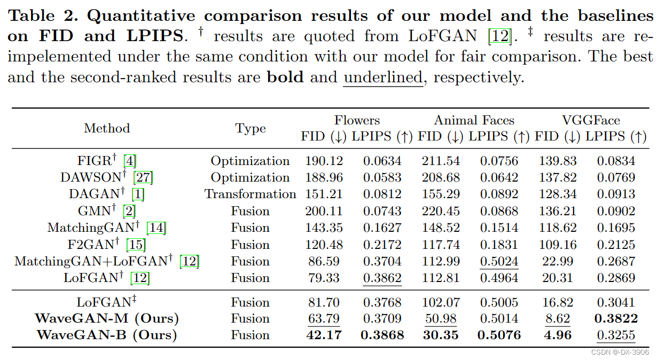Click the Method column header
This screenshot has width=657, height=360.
107,128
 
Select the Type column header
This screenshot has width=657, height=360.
251,128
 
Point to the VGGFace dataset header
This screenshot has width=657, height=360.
590,120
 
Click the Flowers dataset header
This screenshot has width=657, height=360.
357,120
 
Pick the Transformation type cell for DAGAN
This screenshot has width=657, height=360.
250,194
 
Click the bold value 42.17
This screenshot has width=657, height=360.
324,335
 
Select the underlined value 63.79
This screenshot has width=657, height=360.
324,319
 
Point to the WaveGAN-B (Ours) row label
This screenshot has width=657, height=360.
107,335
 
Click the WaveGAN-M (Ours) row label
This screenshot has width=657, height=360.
107,319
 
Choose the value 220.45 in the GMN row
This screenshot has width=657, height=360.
441,211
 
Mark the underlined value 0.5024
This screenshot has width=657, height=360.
499,261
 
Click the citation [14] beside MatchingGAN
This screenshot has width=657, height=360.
157,228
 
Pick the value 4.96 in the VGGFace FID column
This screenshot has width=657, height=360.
557,335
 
